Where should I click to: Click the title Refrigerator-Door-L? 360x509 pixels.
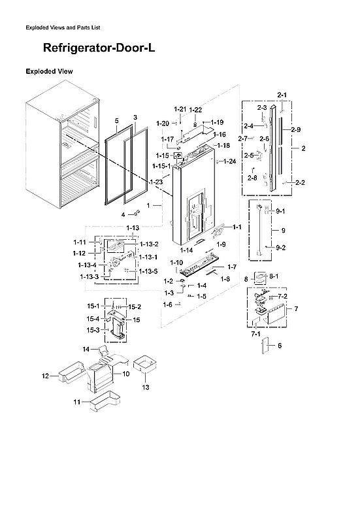(99, 48)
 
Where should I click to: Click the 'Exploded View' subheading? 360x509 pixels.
(49, 71)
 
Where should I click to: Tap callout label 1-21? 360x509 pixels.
(180, 108)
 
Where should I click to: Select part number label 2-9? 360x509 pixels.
(296, 130)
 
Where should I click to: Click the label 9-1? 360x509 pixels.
(281, 211)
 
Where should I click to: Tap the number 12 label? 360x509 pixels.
(46, 376)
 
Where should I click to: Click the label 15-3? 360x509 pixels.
(93, 331)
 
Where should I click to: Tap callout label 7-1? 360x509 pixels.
(256, 333)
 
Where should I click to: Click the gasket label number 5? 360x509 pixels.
(116, 122)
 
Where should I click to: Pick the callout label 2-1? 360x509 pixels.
(282, 95)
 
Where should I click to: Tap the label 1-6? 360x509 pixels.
(168, 304)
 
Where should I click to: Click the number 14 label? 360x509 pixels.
(86, 350)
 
